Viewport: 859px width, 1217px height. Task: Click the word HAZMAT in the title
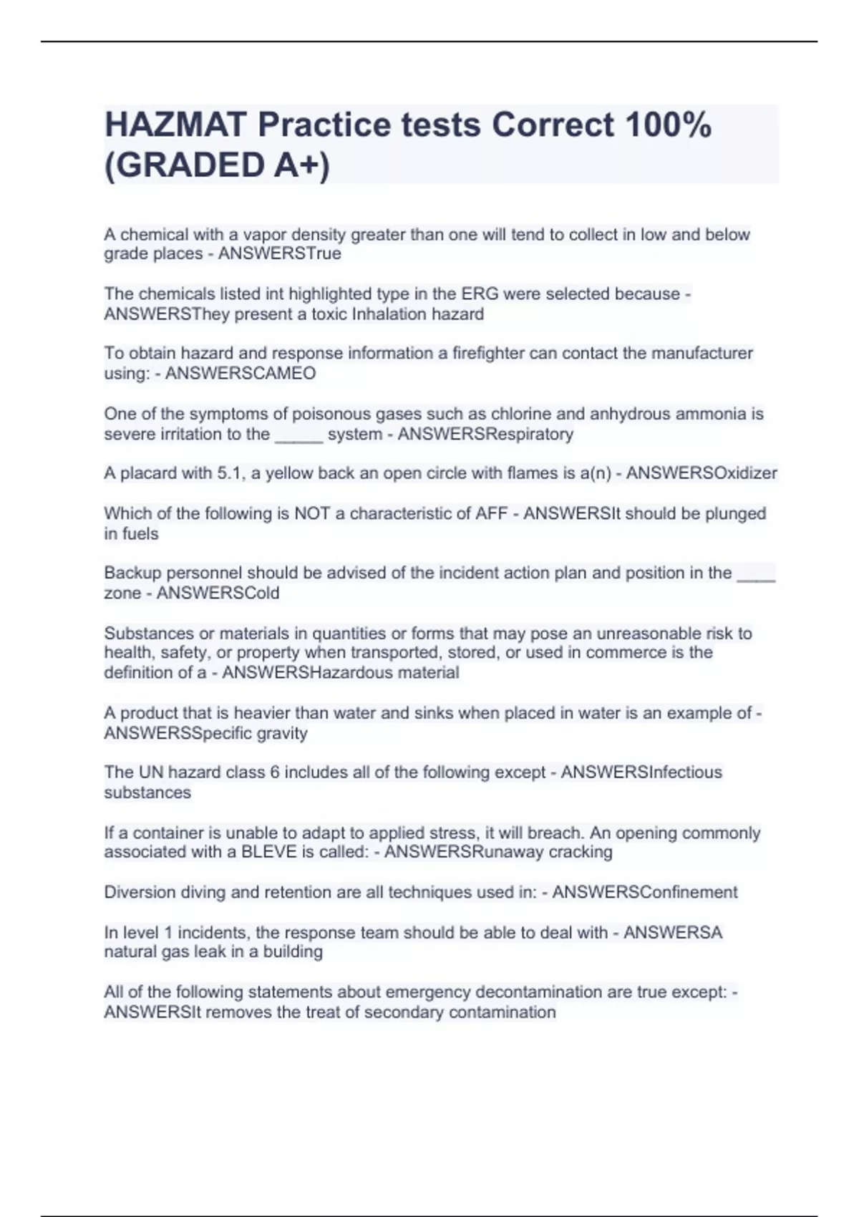click(x=175, y=125)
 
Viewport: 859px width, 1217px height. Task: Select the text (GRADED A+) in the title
click(x=218, y=165)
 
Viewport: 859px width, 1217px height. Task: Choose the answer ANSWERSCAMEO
click(x=241, y=374)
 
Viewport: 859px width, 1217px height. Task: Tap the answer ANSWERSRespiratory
click(x=485, y=434)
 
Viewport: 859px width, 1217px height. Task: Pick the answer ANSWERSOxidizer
click(x=702, y=473)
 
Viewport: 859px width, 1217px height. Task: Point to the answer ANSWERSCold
click(x=218, y=593)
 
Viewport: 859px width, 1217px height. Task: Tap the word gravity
click(x=282, y=733)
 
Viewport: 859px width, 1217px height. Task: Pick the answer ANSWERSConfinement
click(x=644, y=892)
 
